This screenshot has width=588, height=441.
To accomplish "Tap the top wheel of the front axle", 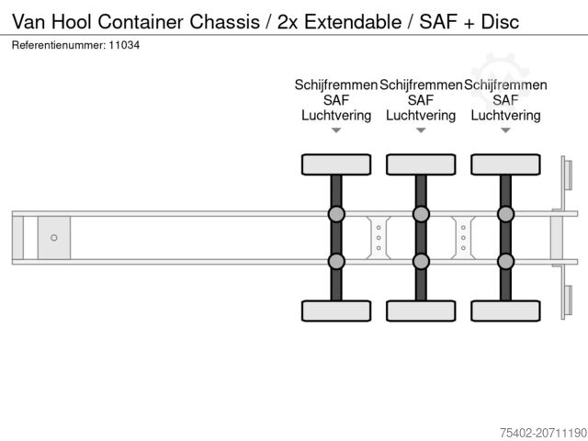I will [336, 164].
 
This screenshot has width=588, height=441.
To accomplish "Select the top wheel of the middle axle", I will [421, 164].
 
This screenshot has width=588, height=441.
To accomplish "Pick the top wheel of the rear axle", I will [505, 164].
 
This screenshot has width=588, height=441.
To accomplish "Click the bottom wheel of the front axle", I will [336, 311].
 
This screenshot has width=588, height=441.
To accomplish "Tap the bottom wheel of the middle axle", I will [421, 311].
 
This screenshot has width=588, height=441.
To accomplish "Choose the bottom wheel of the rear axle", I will [505, 311].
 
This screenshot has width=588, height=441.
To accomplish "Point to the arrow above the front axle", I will [336, 130].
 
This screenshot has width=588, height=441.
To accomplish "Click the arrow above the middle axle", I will [421, 130].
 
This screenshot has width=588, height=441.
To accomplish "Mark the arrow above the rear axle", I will [505, 130].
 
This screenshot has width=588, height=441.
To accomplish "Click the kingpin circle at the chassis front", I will [54, 238].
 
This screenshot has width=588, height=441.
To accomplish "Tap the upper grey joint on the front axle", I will [336, 215].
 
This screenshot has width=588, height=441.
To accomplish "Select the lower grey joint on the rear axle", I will [505, 261].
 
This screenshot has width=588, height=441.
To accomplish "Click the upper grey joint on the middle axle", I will [421, 215].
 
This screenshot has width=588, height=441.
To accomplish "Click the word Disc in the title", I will [500, 21].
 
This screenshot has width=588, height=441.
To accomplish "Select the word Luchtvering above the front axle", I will [336, 116].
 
